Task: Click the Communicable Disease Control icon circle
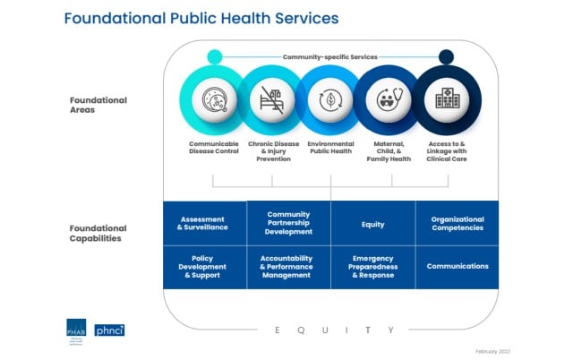pos(215,99)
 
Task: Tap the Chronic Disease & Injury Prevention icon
pos(272,99)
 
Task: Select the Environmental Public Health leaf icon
pos(331,99)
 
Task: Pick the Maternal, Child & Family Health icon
pos(389,99)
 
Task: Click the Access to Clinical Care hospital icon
pos(446,99)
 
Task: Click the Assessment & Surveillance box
pos(203,223)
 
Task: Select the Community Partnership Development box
pos(288,223)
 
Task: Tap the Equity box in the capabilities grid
pos(372,223)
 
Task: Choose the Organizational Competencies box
pos(457,223)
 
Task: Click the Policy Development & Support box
pos(203,266)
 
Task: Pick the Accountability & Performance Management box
pos(288,266)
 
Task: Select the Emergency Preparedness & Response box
pos(372,266)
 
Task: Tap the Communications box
pos(457,266)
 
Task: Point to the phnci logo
pos(110,330)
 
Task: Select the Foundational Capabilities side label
pos(98,234)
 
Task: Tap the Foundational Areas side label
pos(98,106)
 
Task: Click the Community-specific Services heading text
pos(330,56)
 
